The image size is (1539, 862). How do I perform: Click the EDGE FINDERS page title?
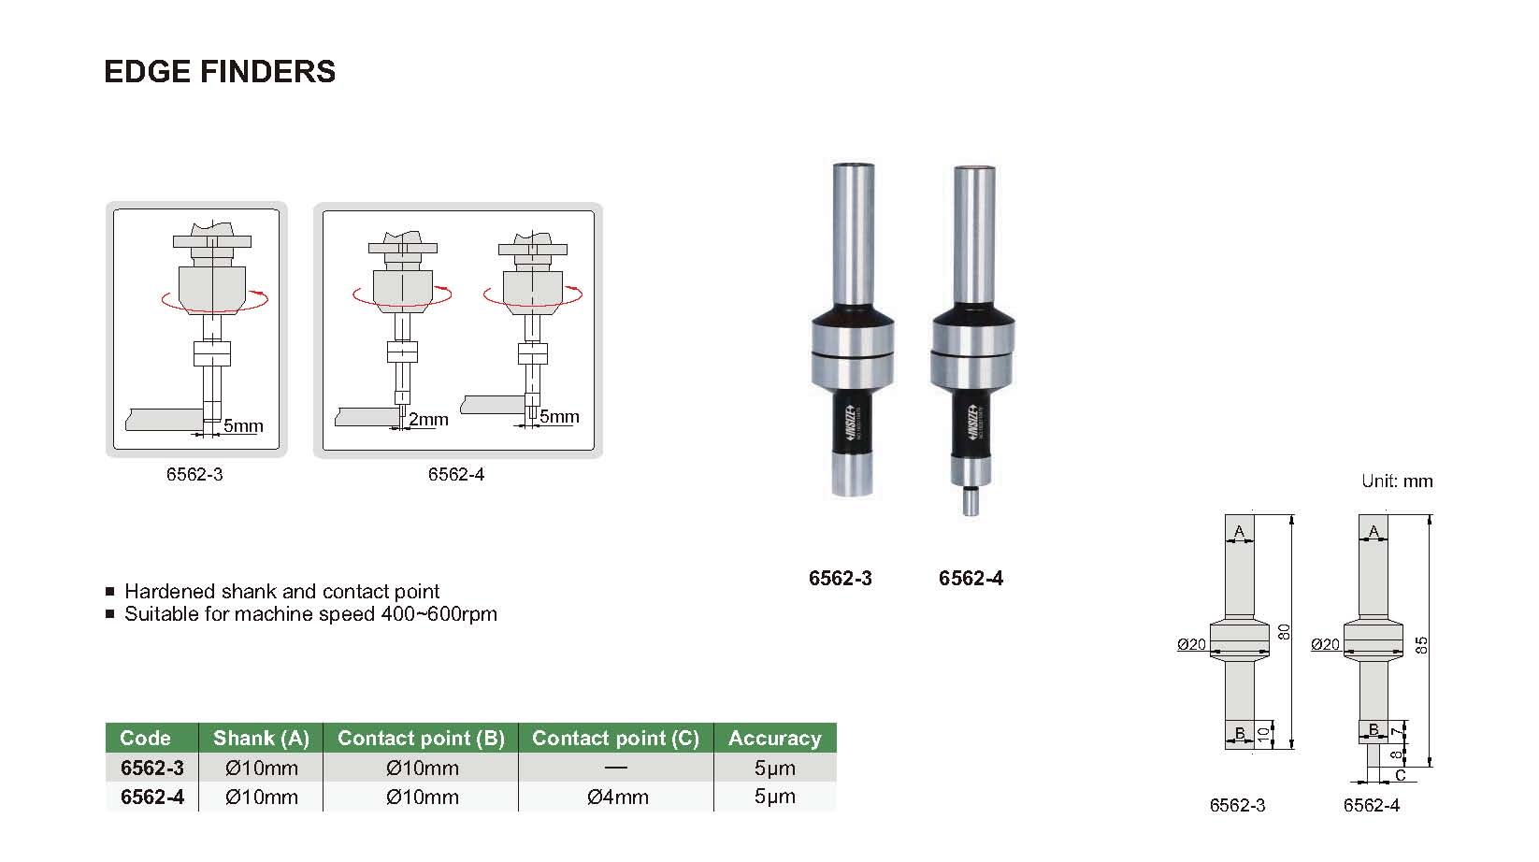pyautogui.click(x=220, y=71)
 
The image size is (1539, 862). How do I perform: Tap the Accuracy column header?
pyautogui.click(x=775, y=738)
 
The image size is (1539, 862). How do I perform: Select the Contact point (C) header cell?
pyautogui.click(x=615, y=738)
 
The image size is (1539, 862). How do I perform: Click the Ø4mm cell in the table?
pyautogui.click(x=618, y=797)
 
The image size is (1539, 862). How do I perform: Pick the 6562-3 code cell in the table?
pyautogui.click(x=151, y=768)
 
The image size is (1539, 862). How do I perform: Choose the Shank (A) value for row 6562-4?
pyautogui.click(x=261, y=797)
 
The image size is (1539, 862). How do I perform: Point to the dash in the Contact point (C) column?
pyautogui.click(x=616, y=768)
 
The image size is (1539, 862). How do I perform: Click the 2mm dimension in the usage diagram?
pyautogui.click(x=428, y=419)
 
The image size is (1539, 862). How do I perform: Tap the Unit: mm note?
pyautogui.click(x=1397, y=481)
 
